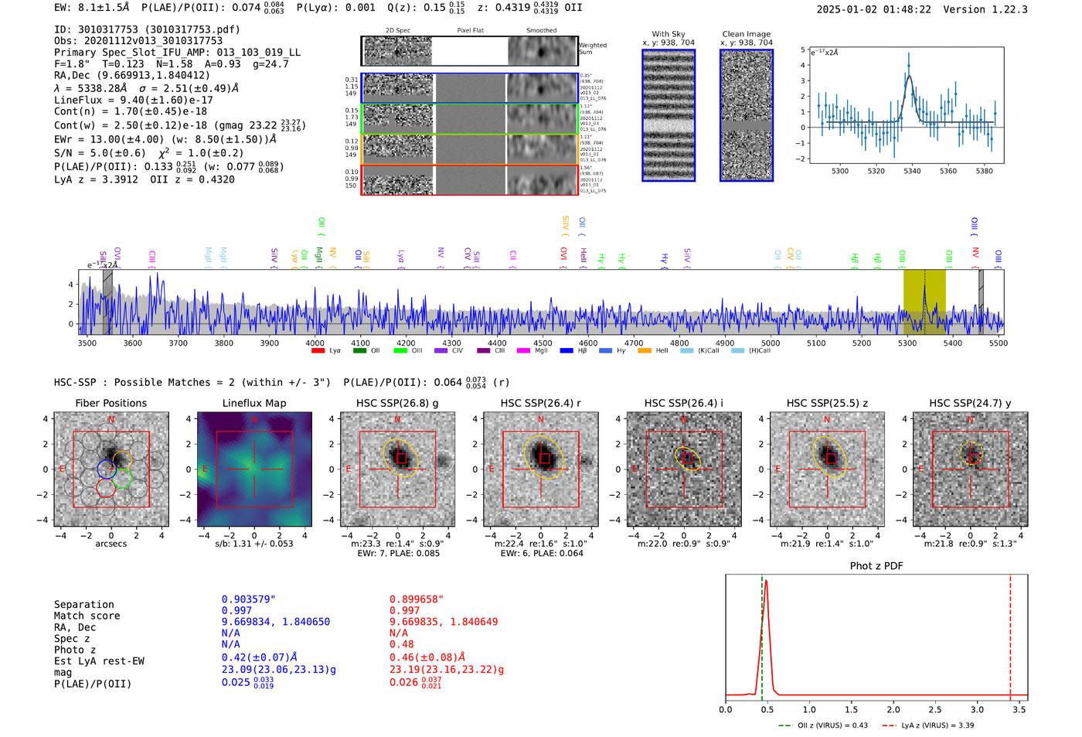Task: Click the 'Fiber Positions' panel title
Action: pyautogui.click(x=111, y=403)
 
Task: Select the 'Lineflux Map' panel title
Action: pyautogui.click(x=253, y=403)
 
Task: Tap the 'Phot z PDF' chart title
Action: pyautogui.click(x=876, y=566)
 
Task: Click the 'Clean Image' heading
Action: pyautogui.click(x=746, y=34)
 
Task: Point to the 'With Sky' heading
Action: pyautogui.click(x=668, y=34)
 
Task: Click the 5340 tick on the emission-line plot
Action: pyautogui.click(x=912, y=171)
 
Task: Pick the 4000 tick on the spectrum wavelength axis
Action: pyautogui.click(x=315, y=343)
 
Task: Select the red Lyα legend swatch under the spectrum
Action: pyautogui.click(x=318, y=351)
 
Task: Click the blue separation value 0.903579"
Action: pyautogui.click(x=248, y=599)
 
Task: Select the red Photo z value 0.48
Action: pyautogui.click(x=401, y=644)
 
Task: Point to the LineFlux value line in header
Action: pyautogui.click(x=133, y=100)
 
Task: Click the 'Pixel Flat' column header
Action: pyautogui.click(x=470, y=31)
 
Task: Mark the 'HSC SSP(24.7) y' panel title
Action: pyautogui.click(x=970, y=403)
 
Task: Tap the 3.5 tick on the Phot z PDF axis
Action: pyautogui.click(x=1019, y=709)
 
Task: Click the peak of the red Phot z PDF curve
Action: pyautogui.click(x=765, y=580)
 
